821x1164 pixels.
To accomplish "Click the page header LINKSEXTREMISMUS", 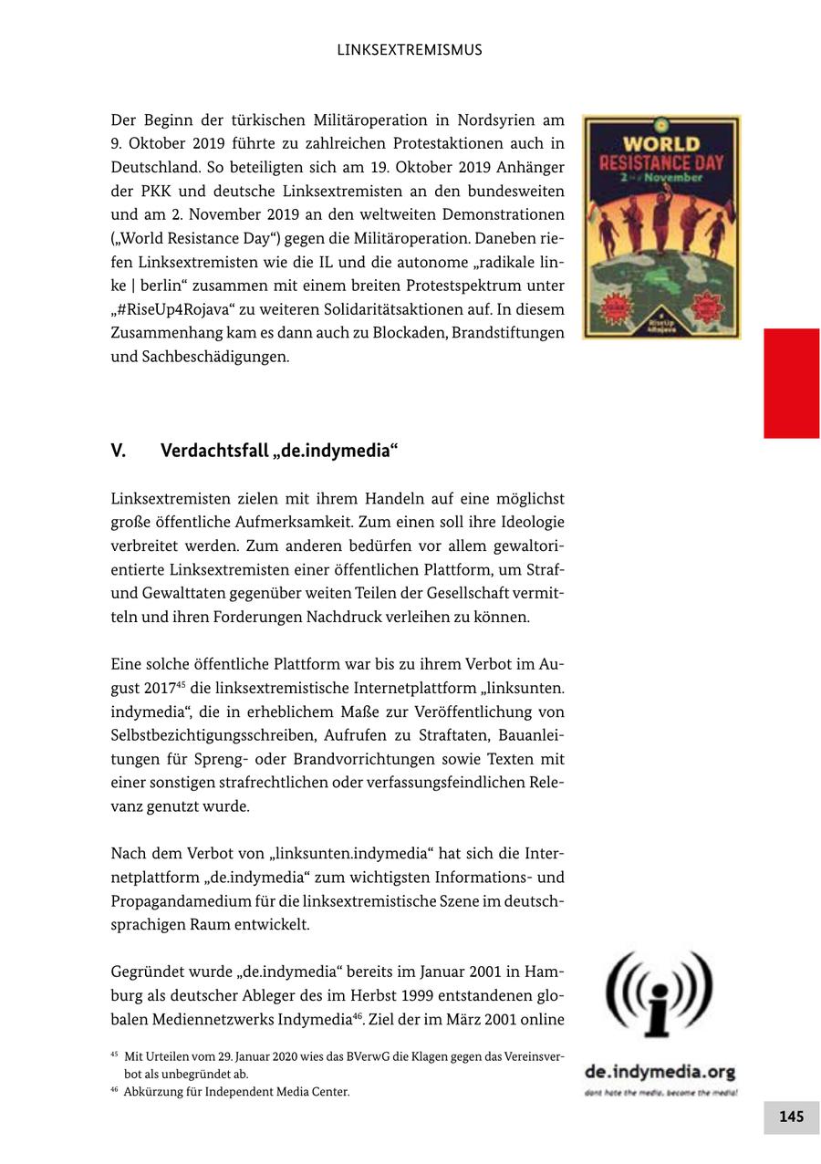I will (410, 50).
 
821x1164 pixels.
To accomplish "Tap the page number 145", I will (791, 1117).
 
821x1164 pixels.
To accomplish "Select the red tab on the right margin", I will (791, 383).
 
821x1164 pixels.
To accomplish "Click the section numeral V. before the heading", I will (118, 452).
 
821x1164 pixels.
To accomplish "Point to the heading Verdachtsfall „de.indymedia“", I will (280, 452).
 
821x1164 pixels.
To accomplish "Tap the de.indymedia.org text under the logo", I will (660, 1072).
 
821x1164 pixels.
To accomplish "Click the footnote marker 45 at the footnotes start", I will (115, 1055).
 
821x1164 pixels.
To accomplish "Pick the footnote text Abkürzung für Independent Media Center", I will (236, 1092).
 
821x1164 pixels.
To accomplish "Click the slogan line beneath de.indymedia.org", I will (660, 1092).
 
